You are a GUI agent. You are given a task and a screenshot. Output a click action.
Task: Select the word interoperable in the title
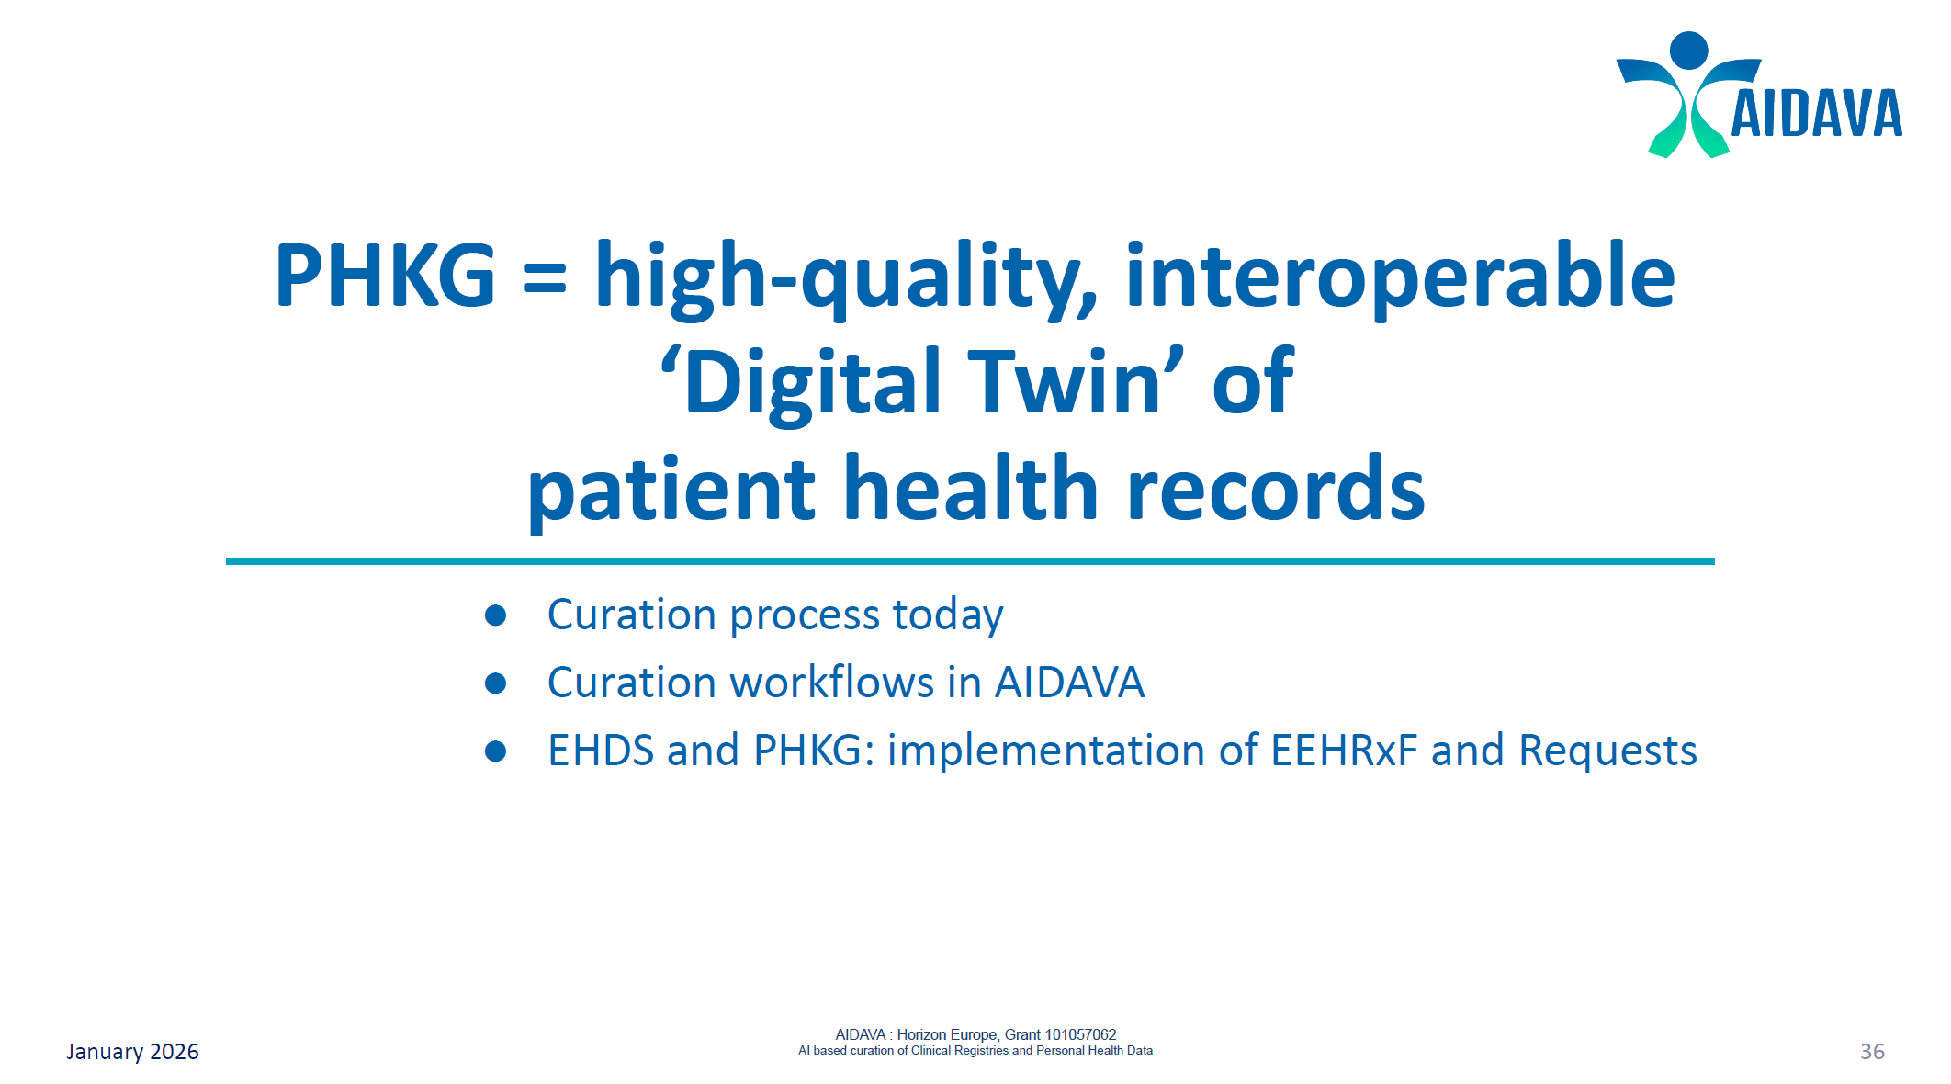pyautogui.click(x=1400, y=277)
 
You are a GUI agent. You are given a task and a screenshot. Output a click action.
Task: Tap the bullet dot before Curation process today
pyautogui.click(x=496, y=615)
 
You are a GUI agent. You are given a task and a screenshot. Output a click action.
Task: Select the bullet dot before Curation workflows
pyautogui.click(x=496, y=683)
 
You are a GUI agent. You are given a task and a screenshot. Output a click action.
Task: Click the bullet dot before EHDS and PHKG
pyautogui.click(x=496, y=751)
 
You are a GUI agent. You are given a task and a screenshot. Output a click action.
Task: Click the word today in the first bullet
pyautogui.click(x=947, y=615)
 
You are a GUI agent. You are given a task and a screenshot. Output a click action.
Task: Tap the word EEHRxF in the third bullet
pyautogui.click(x=1344, y=751)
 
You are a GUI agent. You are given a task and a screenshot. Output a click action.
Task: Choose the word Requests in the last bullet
pyautogui.click(x=1607, y=751)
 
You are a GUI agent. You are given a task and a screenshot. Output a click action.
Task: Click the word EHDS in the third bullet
pyautogui.click(x=601, y=751)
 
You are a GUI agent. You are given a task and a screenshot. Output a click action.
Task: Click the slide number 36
pyautogui.click(x=1872, y=1052)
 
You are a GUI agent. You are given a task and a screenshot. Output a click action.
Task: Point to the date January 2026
pyautogui.click(x=132, y=1052)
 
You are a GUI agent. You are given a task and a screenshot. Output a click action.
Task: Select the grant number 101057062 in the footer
pyautogui.click(x=1080, y=1034)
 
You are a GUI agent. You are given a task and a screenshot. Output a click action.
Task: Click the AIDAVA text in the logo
pyautogui.click(x=1815, y=115)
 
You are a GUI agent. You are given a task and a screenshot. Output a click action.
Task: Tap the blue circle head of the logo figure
pyautogui.click(x=1688, y=50)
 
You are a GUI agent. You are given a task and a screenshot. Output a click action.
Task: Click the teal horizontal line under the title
pyautogui.click(x=970, y=560)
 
